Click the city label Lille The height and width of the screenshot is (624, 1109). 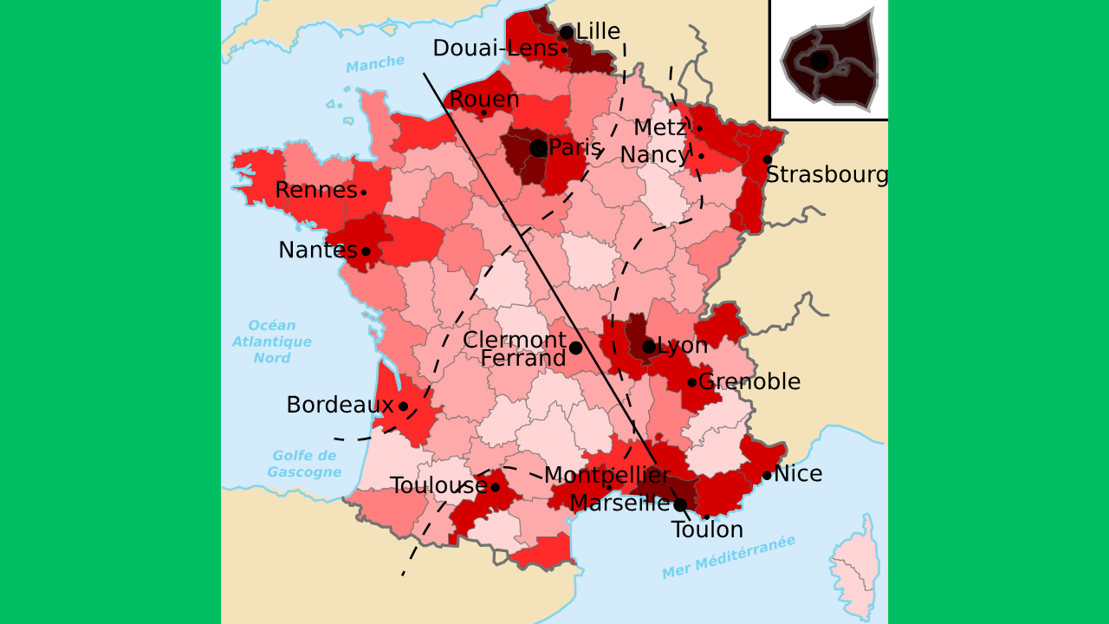click(x=598, y=32)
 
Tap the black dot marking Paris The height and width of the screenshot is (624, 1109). click(x=538, y=148)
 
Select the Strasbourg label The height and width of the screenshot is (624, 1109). click(x=827, y=175)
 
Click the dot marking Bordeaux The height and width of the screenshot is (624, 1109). click(x=403, y=406)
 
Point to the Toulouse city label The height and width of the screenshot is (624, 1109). click(x=438, y=486)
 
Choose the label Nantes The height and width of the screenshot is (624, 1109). click(x=317, y=250)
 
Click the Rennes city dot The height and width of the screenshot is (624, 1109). click(x=363, y=192)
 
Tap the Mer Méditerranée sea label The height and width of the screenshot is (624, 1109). click(x=729, y=557)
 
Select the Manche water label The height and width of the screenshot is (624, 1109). click(x=375, y=63)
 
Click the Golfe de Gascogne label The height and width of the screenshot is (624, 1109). click(x=304, y=464)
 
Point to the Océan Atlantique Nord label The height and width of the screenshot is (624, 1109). click(x=272, y=341)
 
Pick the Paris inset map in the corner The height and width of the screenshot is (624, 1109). click(x=829, y=59)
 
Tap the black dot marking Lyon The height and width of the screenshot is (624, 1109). click(x=649, y=347)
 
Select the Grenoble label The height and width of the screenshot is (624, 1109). click(x=749, y=382)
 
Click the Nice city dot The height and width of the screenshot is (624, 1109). click(x=767, y=475)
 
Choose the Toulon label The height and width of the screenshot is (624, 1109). click(x=707, y=530)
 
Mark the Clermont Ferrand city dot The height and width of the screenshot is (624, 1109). click(x=575, y=348)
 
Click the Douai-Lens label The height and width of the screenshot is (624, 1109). click(x=496, y=49)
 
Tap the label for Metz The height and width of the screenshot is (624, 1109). click(x=659, y=128)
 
